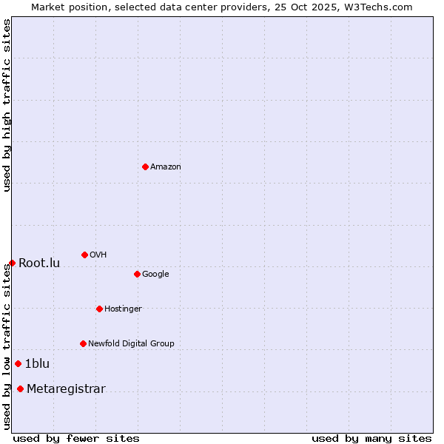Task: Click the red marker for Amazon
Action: [x=145, y=166]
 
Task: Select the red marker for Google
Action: [x=137, y=274]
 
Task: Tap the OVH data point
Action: [x=84, y=255]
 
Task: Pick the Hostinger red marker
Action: [x=99, y=309]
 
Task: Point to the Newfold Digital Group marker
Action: [x=83, y=343]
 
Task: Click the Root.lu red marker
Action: [x=12, y=263]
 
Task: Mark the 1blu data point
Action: [x=18, y=363]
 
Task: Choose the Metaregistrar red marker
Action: [x=20, y=388]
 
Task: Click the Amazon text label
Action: [x=166, y=167]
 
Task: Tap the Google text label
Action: [x=155, y=275]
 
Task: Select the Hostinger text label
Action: [x=123, y=309]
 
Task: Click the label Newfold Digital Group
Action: [x=131, y=344]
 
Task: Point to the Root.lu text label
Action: [x=39, y=263]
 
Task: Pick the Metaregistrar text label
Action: [x=66, y=389]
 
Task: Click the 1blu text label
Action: [x=37, y=364]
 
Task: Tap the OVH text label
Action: [x=98, y=255]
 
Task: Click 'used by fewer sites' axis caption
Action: [x=76, y=438]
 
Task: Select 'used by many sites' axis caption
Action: [x=371, y=438]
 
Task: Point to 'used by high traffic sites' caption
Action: [x=7, y=106]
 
